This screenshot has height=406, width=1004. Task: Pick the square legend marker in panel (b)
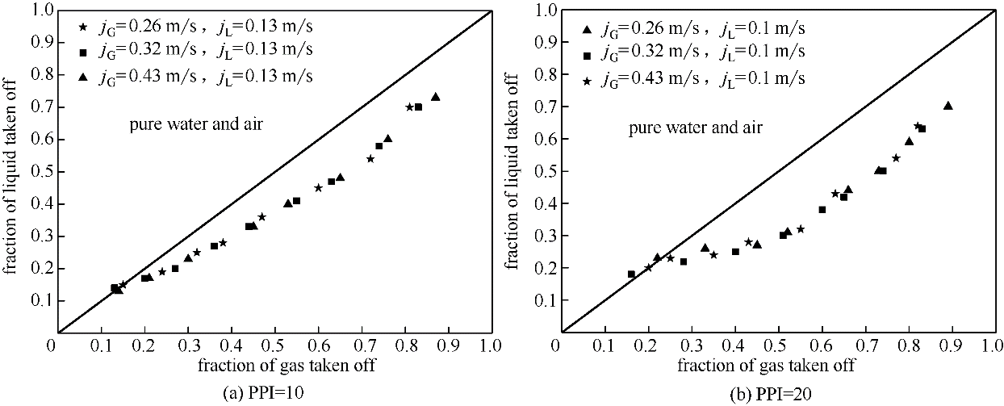pyautogui.click(x=589, y=54)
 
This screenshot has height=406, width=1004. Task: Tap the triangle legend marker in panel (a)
pyautogui.click(x=82, y=77)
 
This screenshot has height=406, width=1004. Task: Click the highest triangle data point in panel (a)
pyautogui.click(x=436, y=97)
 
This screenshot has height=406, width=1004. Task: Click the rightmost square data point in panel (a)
pyautogui.click(x=418, y=107)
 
